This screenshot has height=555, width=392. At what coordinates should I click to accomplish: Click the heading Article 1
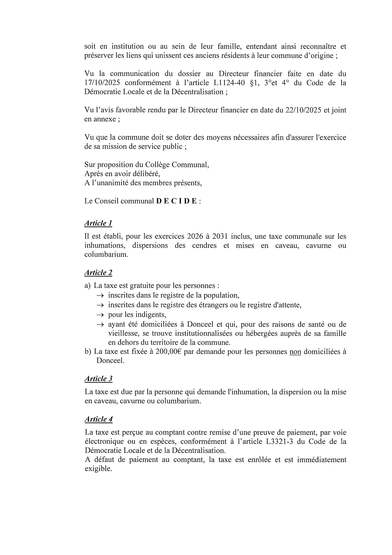[98, 223]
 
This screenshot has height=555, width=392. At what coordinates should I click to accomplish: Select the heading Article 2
[98, 273]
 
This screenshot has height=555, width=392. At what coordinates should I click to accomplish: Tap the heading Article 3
[98, 379]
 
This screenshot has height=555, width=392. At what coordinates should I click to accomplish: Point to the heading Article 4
[98, 419]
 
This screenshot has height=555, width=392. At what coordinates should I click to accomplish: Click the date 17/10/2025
[102, 83]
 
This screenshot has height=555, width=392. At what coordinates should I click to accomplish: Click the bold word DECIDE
[176, 201]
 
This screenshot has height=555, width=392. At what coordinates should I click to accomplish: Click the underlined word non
[295, 352]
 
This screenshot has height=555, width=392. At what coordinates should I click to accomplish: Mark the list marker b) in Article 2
[88, 352]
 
